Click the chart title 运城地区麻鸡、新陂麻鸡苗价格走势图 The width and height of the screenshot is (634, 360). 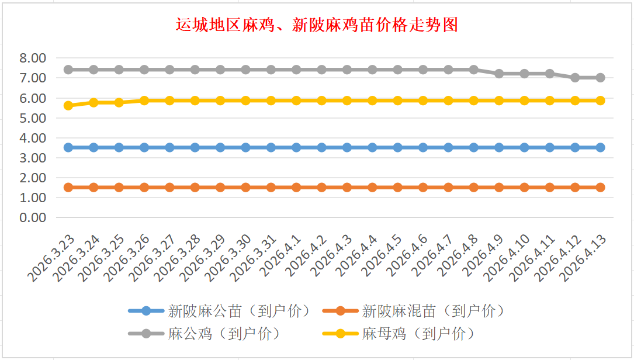(x=317, y=25)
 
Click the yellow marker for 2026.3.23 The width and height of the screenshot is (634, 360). (x=68, y=106)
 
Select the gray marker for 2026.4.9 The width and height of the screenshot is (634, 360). (x=499, y=74)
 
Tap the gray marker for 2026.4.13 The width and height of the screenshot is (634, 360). (x=600, y=78)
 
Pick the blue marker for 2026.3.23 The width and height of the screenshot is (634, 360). (x=68, y=147)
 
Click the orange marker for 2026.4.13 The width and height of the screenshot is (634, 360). (x=600, y=188)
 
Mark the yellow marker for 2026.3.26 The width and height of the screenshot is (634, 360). (x=144, y=101)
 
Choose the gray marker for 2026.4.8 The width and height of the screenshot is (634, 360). (x=473, y=70)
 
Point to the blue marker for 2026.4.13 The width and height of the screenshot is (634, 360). (x=600, y=147)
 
